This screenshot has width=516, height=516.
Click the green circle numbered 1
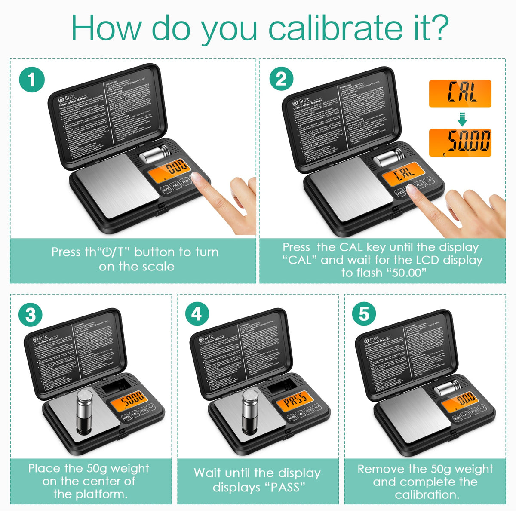(32, 80)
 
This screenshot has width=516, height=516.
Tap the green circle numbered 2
(281, 80)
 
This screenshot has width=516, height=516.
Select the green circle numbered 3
(31, 315)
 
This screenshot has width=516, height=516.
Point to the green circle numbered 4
(197, 314)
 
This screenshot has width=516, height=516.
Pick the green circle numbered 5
(364, 314)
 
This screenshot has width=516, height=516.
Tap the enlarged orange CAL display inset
(460, 93)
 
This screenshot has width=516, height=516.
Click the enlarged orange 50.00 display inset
(460, 142)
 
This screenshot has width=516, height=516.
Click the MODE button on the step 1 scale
(166, 189)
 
